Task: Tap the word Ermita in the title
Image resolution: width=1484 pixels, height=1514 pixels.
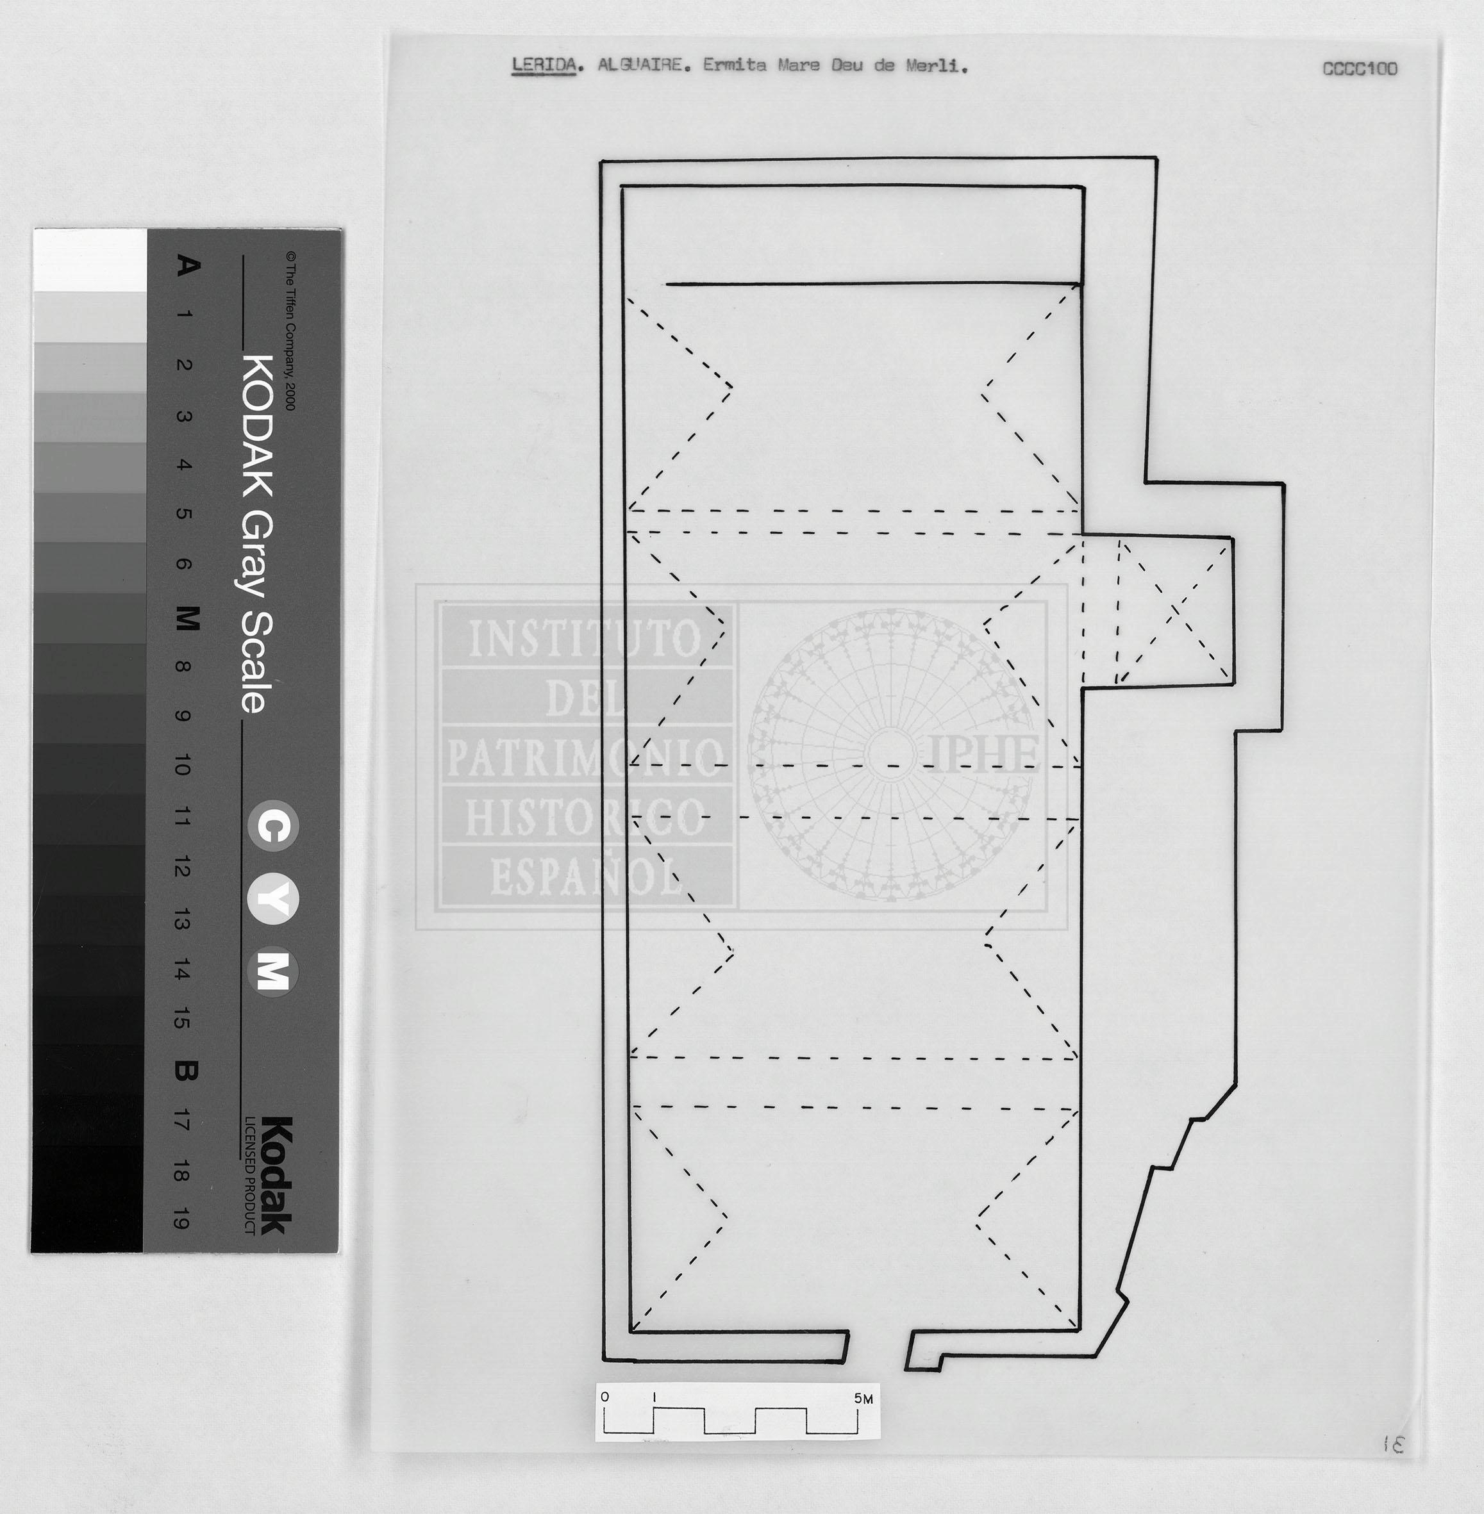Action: coord(734,65)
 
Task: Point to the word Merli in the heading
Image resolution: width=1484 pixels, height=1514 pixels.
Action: coord(935,66)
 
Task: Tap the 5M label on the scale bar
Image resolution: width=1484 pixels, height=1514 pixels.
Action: coord(863,1399)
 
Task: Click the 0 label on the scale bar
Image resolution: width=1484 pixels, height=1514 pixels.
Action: coord(605,1397)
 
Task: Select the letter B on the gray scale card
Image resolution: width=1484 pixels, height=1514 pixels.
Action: coord(185,1072)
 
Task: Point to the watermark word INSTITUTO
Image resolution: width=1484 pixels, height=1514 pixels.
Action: coord(585,639)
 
